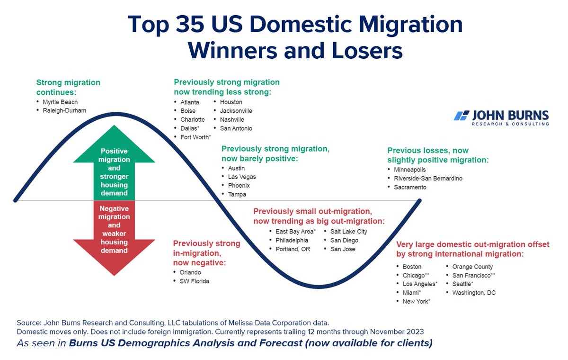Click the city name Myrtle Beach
click(60, 102)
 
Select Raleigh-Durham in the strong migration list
click(64, 111)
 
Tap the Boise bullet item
click(188, 111)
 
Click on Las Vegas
click(242, 177)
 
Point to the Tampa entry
click(237, 194)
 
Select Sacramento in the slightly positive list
click(410, 187)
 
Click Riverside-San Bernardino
click(428, 179)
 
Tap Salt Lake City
click(348, 231)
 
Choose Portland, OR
click(293, 249)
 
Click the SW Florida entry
click(194, 281)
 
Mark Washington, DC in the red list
click(474, 293)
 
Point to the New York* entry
click(416, 301)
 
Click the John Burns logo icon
click(461, 116)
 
